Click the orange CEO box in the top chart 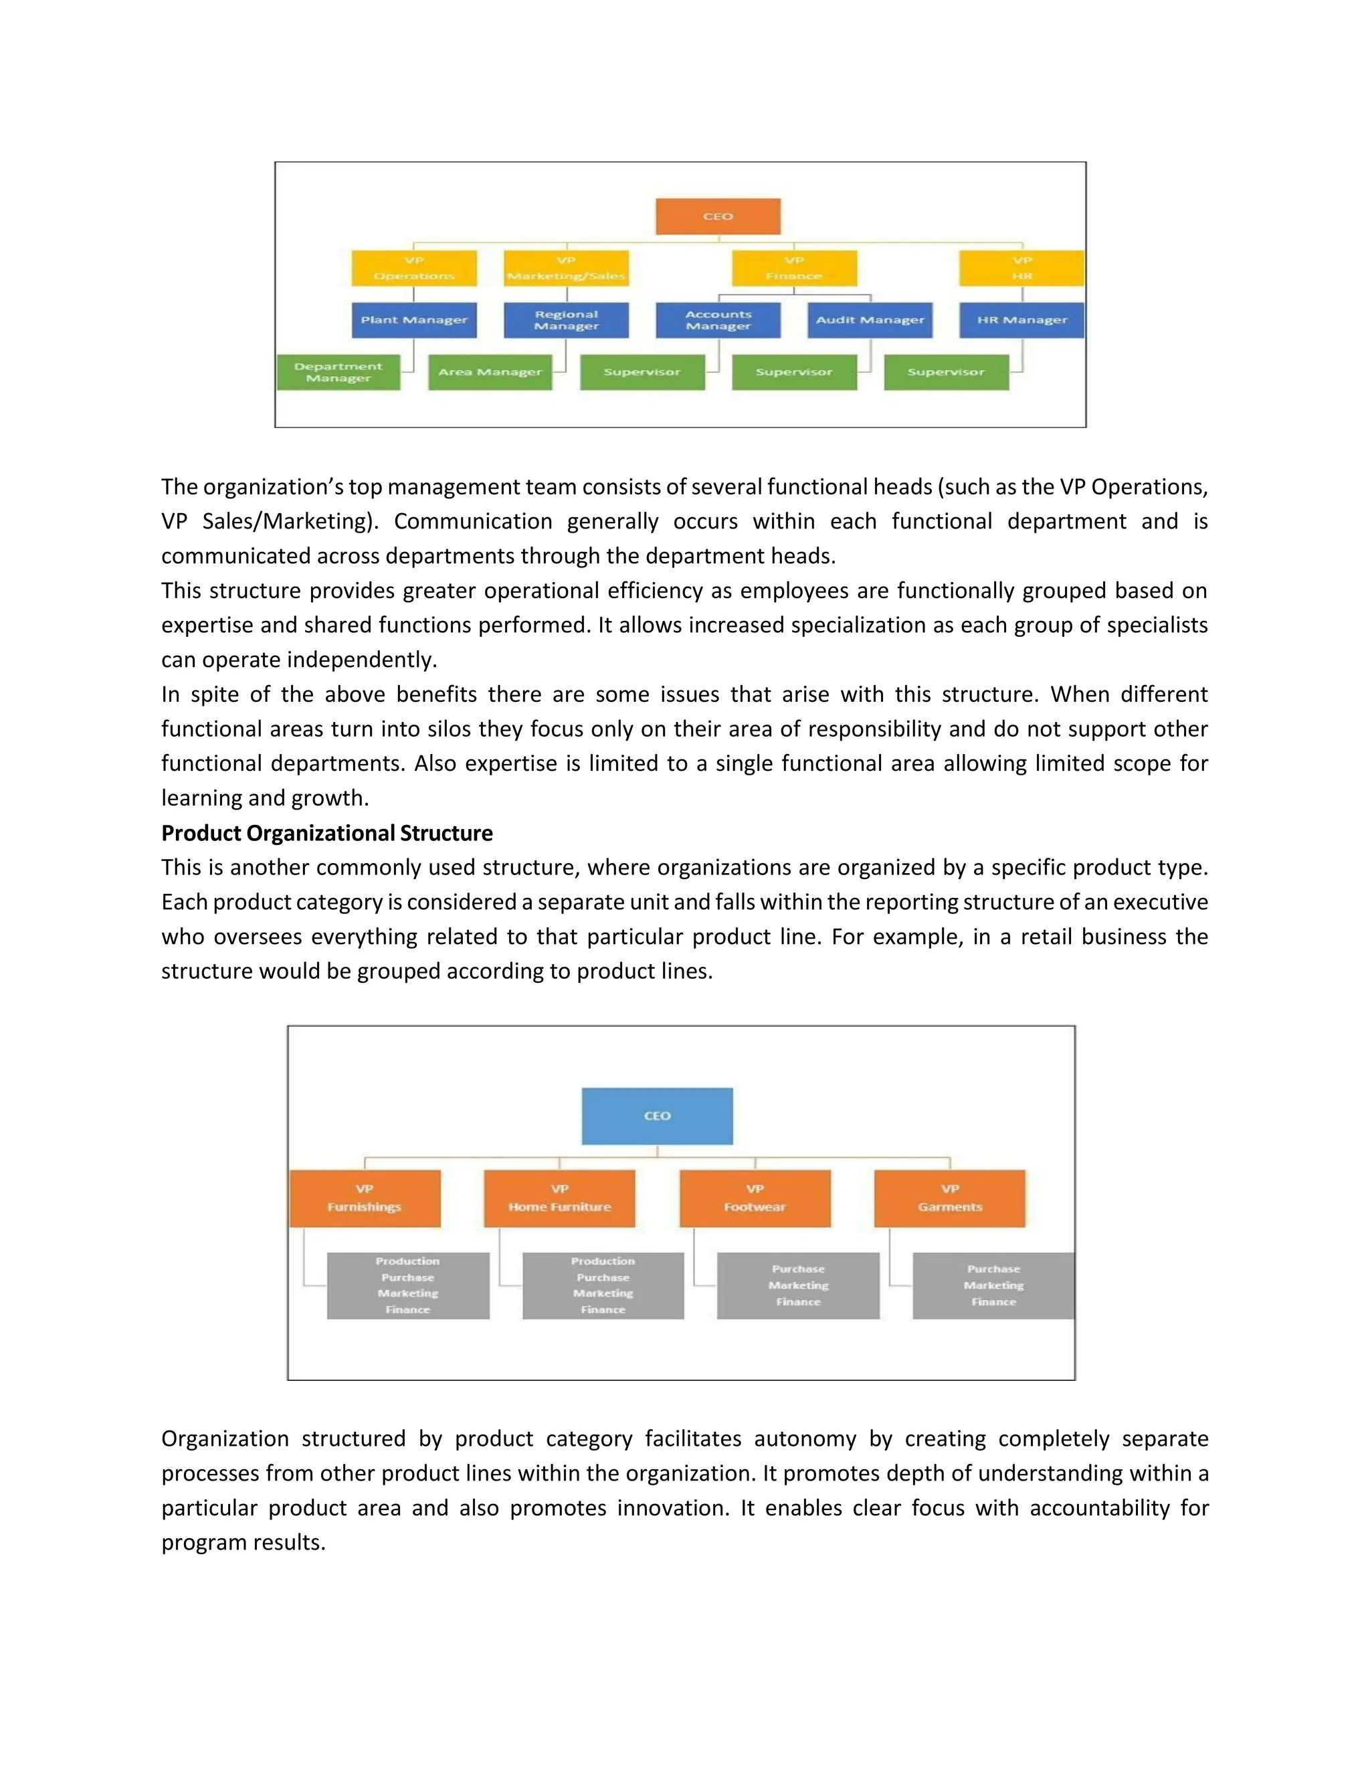tap(718, 217)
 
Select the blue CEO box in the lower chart tap(657, 1115)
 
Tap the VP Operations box tap(414, 268)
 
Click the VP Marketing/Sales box tap(566, 268)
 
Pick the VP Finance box tap(794, 268)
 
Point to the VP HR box tap(1021, 268)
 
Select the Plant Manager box tap(414, 320)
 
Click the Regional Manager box tap(566, 320)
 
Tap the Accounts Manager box tap(718, 320)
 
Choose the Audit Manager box tap(870, 320)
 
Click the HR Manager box tap(1021, 320)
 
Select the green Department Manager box tap(338, 373)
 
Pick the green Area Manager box tap(490, 373)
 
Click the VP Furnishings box tap(365, 1198)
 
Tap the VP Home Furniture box tap(559, 1198)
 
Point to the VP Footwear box tap(755, 1198)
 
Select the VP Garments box tap(950, 1198)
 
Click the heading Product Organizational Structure tap(327, 833)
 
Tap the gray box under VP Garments tap(993, 1285)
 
